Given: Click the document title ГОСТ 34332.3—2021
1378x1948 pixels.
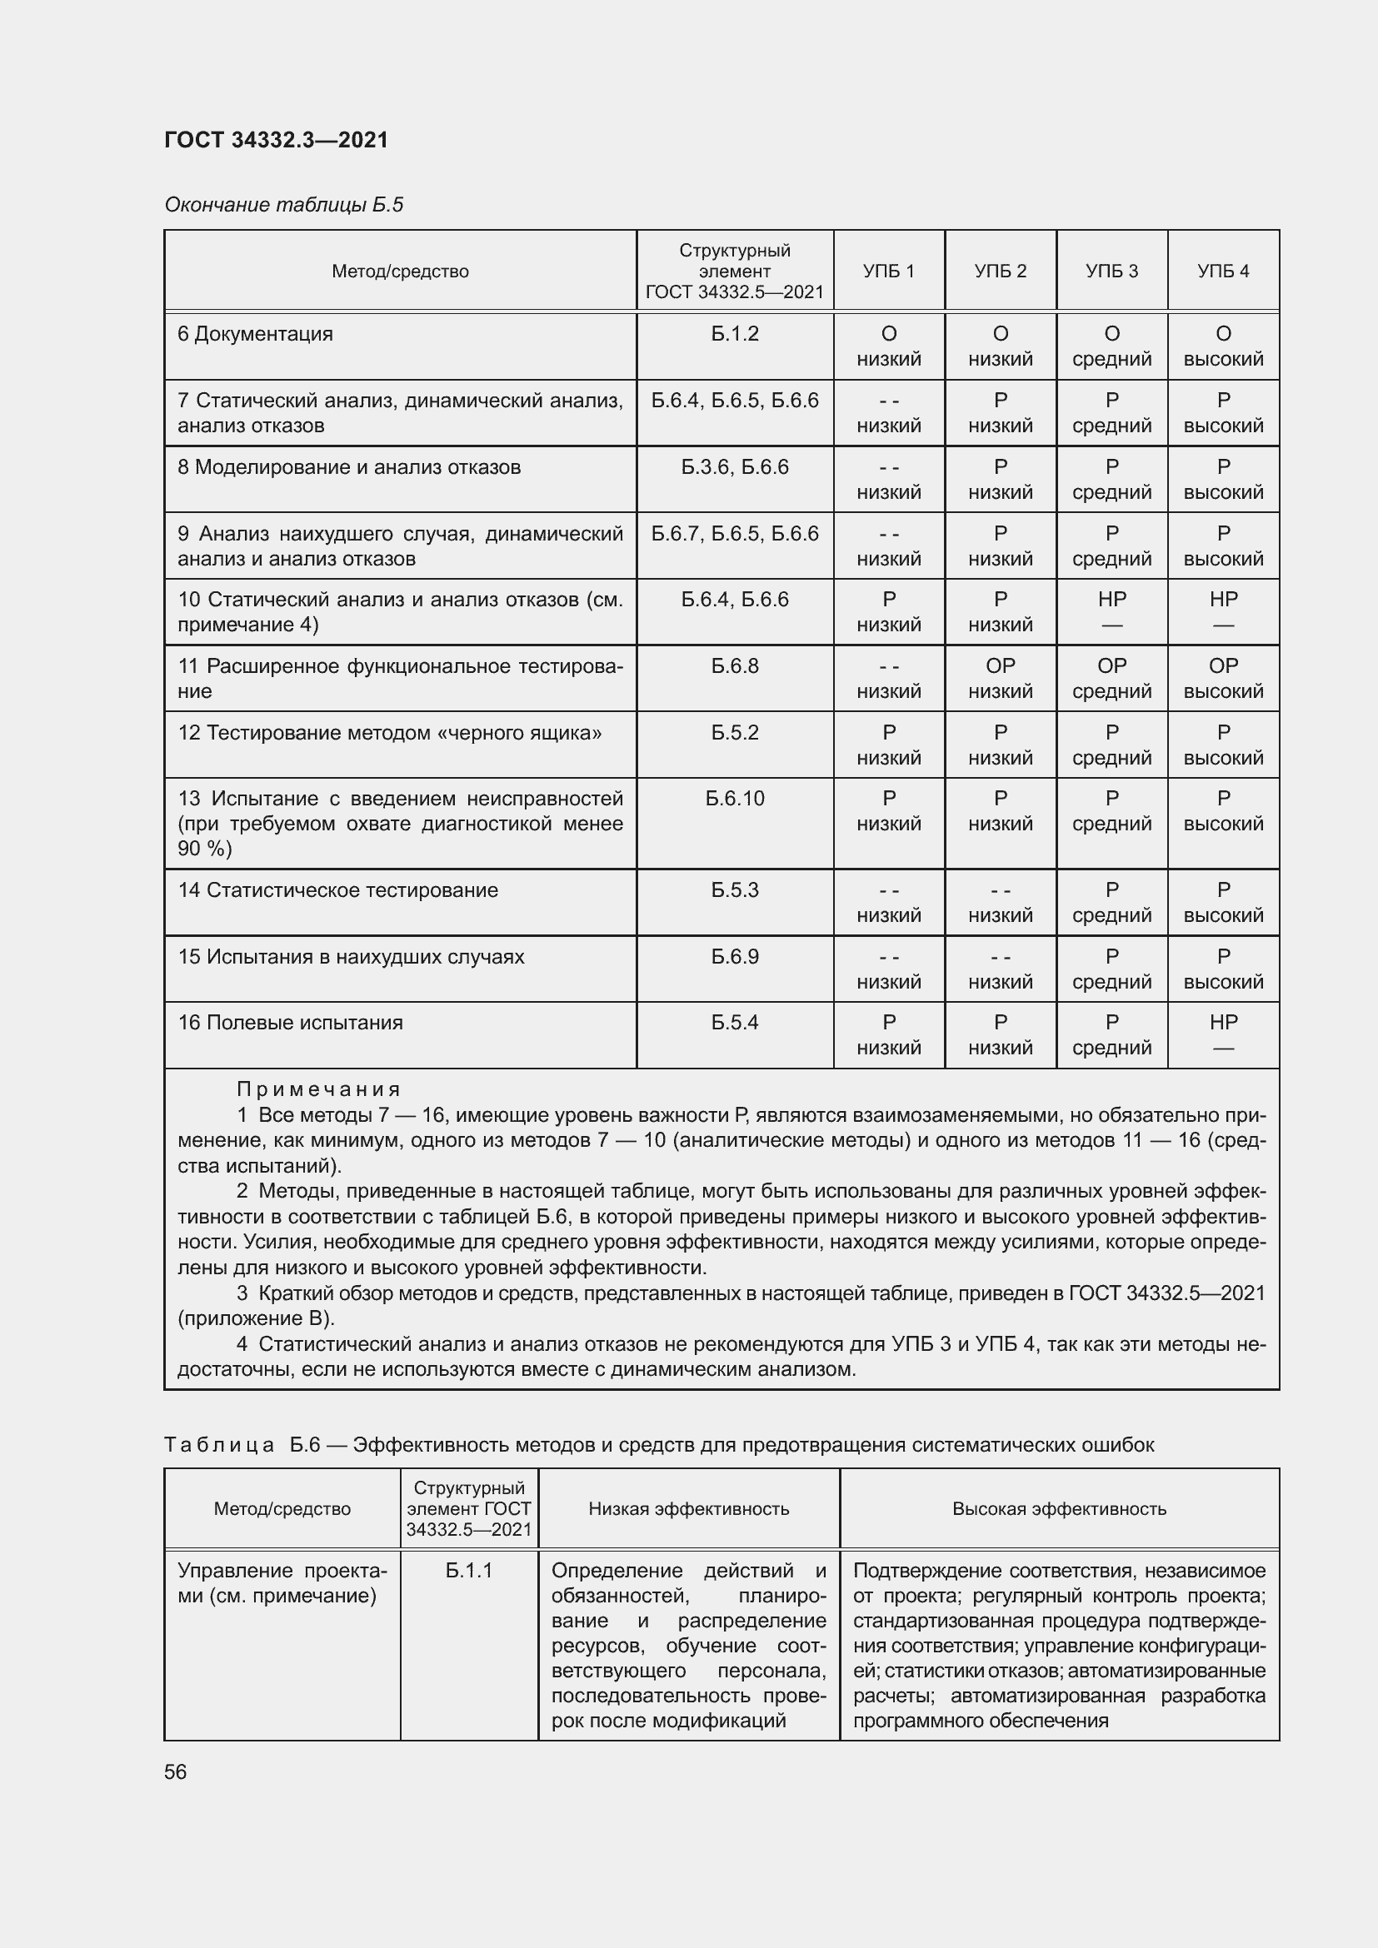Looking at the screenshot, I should pos(276,140).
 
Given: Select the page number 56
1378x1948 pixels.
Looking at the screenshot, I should pos(176,1771).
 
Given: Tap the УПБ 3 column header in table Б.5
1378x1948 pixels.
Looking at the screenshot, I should pos(1111,272).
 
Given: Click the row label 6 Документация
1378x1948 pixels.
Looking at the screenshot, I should pos(256,334).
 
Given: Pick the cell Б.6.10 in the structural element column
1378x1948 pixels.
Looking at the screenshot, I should pos(735,799).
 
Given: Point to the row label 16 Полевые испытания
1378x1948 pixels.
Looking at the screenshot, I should pos(290,1023).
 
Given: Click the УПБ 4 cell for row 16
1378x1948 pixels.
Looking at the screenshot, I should pos(1223,1034).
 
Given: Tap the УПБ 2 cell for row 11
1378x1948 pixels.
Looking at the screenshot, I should pos(1001,678).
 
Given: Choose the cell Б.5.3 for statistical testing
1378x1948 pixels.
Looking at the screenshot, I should pos(735,890).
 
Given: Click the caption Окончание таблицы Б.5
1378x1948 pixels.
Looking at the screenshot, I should pos(283,205).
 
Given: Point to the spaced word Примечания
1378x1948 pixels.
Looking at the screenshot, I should pos(318,1089).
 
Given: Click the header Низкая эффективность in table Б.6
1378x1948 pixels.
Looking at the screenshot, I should pos(689,1508).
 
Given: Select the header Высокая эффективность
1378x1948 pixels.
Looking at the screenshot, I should pos(1059,1508).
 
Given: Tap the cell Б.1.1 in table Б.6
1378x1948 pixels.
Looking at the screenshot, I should pos(469,1571).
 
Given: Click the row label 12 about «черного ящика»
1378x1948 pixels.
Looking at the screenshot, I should pos(389,732).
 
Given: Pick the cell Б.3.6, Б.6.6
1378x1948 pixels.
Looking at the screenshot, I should pos(735,467).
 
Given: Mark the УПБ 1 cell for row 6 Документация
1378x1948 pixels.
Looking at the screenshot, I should pos(888,346).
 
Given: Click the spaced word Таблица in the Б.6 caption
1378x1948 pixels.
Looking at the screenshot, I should pos(219,1445).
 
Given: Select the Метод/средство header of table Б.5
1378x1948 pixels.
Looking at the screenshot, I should pos(400,272).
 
